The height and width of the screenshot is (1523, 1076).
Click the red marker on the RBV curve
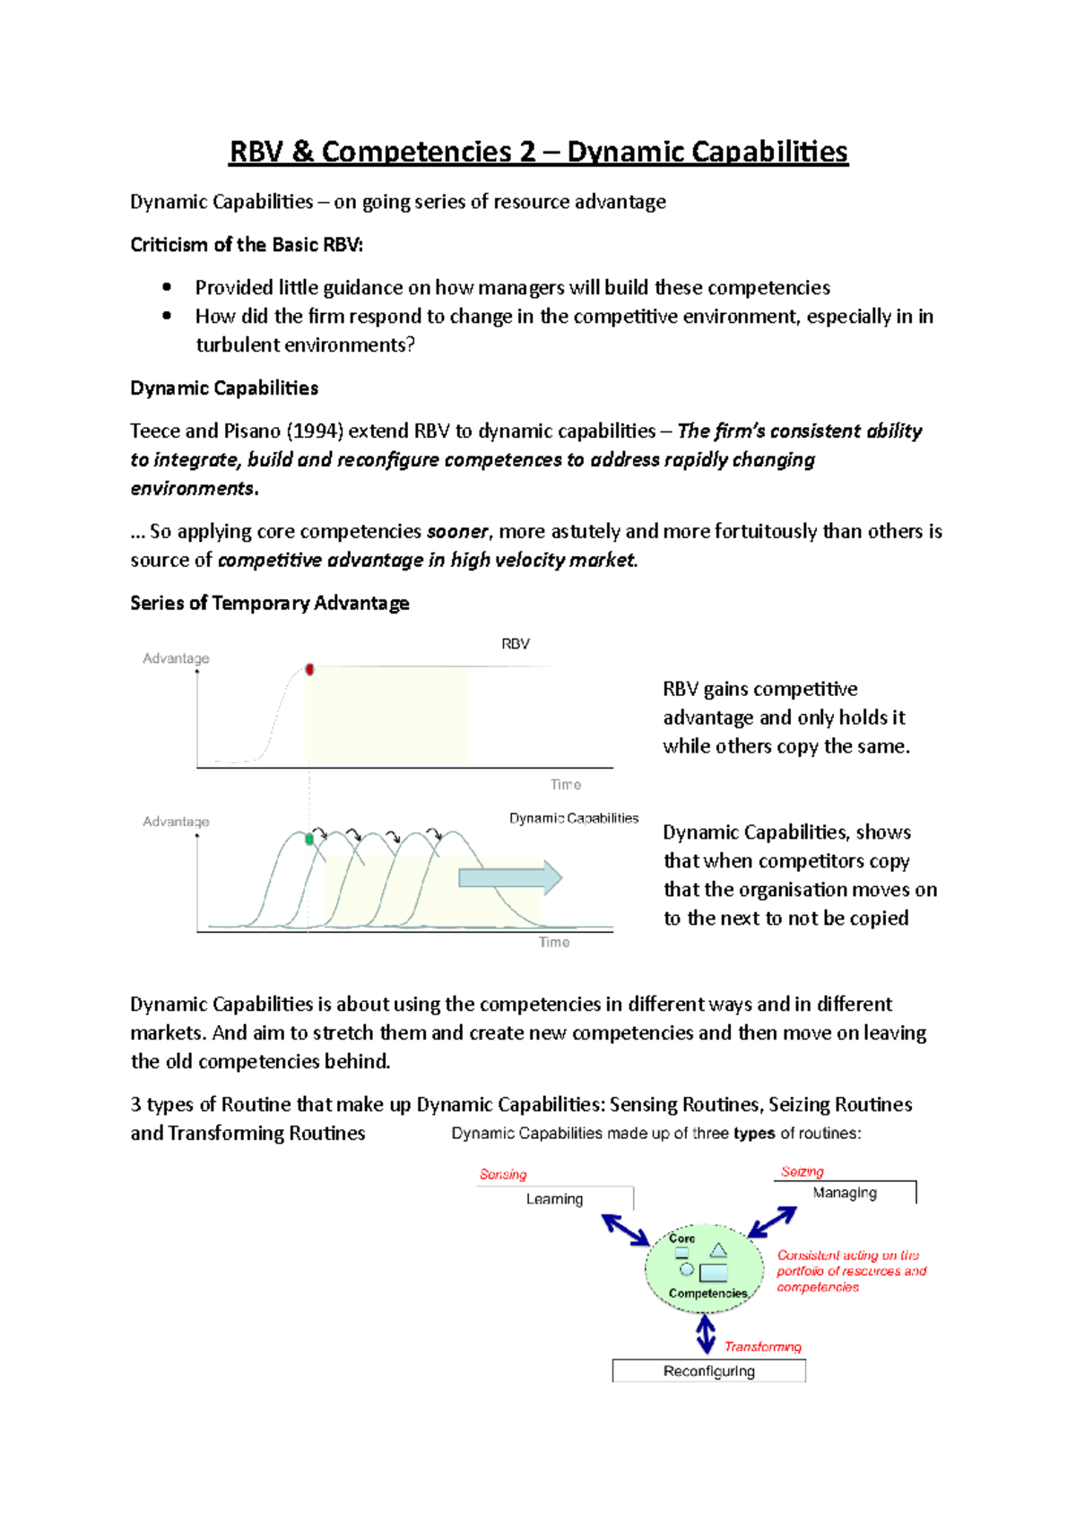[309, 669]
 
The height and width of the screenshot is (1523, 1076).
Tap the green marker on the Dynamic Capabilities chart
[309, 840]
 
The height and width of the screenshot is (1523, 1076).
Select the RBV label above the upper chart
[516, 644]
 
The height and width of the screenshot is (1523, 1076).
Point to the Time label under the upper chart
[566, 785]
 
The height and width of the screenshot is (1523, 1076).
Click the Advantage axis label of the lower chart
[176, 822]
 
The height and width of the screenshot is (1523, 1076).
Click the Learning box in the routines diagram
[555, 1199]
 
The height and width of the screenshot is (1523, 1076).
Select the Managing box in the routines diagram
[845, 1193]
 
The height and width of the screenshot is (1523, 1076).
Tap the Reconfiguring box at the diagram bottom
[709, 1371]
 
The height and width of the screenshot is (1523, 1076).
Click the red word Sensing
[503, 1174]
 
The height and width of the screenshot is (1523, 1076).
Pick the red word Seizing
[802, 1171]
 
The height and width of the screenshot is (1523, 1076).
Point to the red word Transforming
[763, 1346]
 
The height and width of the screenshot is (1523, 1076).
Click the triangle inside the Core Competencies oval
[718, 1249]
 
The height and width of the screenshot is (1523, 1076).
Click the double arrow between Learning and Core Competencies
[626, 1230]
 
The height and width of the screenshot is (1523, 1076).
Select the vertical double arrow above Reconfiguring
[706, 1334]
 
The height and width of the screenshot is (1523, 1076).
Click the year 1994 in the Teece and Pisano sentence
[315, 431]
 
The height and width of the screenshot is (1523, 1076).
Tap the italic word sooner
[457, 532]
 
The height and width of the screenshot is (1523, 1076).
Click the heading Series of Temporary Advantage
[270, 603]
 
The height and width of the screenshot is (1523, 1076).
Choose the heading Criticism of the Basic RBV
[247, 245]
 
